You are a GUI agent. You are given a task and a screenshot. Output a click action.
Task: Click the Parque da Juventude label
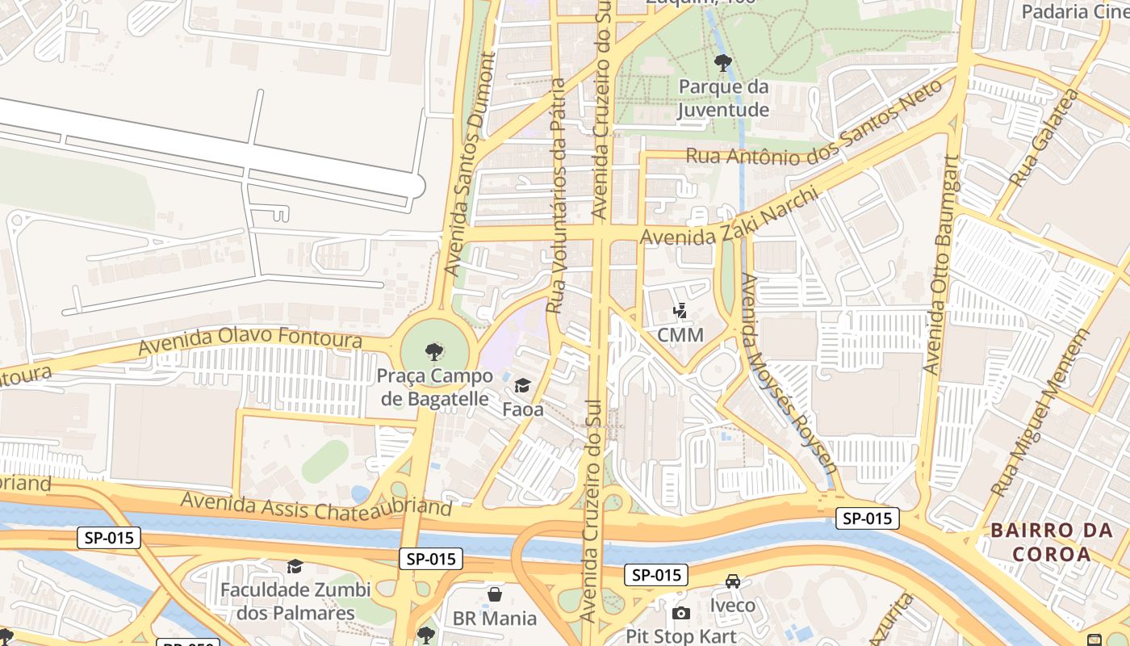[722, 98]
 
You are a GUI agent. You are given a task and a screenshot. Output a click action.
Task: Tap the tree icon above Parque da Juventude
[722, 62]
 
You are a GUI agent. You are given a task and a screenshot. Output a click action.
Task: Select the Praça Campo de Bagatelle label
[434, 387]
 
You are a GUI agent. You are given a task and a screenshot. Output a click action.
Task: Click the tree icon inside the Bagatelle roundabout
[434, 351]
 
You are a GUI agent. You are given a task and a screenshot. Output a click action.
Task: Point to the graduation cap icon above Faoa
[523, 385]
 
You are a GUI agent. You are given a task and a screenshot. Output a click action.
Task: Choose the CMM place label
[680, 334]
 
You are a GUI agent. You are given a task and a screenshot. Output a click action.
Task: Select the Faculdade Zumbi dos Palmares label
[295, 601]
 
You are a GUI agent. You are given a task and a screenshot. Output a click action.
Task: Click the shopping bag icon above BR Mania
[495, 594]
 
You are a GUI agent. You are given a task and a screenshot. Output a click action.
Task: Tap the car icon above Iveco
[732, 581]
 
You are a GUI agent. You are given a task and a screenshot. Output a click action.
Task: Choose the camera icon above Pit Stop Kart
[680, 613]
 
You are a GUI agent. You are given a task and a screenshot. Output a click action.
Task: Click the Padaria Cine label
[1074, 11]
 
